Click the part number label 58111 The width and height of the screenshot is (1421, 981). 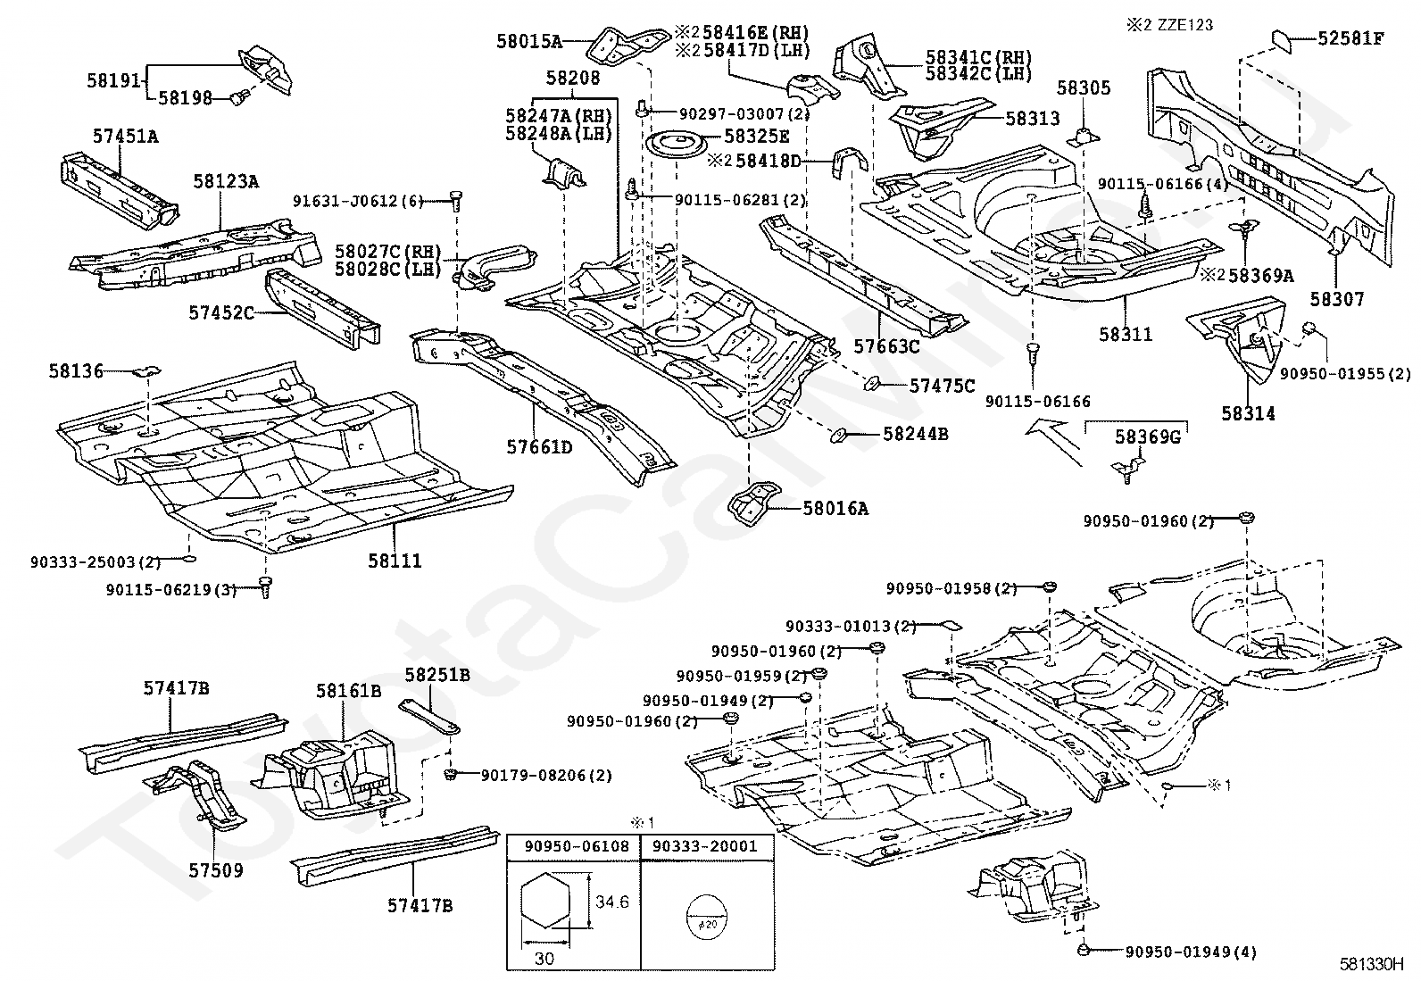[395, 561]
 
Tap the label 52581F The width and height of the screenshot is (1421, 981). [1351, 38]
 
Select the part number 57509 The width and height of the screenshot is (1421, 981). [216, 870]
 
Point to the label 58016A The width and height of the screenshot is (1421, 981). [835, 508]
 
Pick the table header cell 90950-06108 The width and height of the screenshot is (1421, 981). [577, 846]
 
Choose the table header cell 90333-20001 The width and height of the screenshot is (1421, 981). [705, 846]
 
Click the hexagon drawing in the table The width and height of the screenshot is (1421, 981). [545, 901]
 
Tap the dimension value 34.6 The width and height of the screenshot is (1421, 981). [611, 902]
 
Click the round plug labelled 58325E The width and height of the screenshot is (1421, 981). [676, 145]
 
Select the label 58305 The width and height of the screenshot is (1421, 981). [1084, 88]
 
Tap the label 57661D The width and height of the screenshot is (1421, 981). [539, 447]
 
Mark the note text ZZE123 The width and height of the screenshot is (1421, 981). [1184, 25]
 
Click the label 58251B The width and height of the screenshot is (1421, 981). [437, 675]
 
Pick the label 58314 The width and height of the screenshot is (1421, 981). [1249, 413]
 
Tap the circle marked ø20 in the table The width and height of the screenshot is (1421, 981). [707, 917]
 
